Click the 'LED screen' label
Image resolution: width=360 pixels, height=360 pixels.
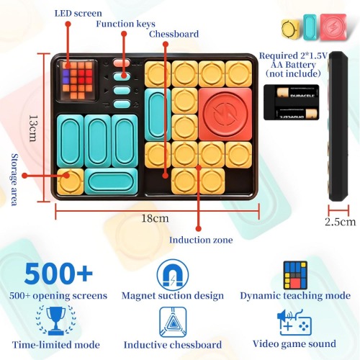(x=78, y=13)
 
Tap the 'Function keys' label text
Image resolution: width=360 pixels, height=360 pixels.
(x=125, y=24)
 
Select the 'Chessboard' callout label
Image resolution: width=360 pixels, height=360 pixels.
(x=174, y=34)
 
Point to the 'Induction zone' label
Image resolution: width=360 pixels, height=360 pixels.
(x=201, y=240)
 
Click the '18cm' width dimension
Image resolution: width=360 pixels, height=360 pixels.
(x=155, y=218)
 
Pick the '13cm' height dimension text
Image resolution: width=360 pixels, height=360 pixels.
(x=33, y=128)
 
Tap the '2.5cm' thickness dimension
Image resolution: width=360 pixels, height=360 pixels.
(x=341, y=222)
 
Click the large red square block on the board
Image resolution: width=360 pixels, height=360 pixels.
(x=225, y=114)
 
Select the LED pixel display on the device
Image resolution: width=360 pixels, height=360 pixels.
(x=78, y=80)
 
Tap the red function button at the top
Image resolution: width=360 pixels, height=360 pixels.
(x=122, y=63)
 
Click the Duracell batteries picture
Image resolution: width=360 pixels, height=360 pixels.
(x=291, y=102)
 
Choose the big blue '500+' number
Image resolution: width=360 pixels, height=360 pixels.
(x=58, y=274)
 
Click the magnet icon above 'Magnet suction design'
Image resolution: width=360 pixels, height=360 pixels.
(x=173, y=274)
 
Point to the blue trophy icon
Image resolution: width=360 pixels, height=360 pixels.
(x=55, y=320)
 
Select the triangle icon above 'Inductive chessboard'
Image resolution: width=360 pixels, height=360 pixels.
(x=173, y=322)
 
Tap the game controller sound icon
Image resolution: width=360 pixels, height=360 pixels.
(x=294, y=323)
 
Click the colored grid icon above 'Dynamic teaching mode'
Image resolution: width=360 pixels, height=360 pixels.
(x=295, y=275)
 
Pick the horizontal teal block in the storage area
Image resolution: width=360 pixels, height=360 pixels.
(x=111, y=181)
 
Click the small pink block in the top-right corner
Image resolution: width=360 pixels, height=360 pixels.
(x=333, y=27)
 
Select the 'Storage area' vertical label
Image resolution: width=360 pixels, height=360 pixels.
(x=14, y=179)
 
